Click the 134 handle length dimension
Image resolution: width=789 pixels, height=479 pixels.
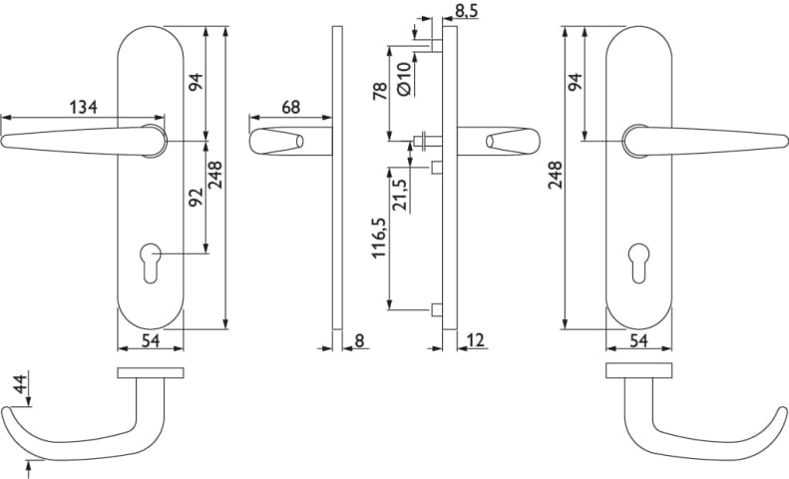point(83,107)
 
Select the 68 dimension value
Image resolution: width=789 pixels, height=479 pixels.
point(291,107)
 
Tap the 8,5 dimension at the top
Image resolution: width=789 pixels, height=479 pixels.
point(466,11)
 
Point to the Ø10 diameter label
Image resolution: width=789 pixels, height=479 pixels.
point(404,79)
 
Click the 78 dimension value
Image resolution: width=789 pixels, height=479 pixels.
point(380,91)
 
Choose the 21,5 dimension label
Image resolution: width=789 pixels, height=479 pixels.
point(400,195)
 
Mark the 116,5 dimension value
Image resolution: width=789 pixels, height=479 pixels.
point(379,238)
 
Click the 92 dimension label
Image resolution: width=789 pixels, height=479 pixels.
point(196,197)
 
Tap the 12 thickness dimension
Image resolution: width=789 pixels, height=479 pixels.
point(476,340)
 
